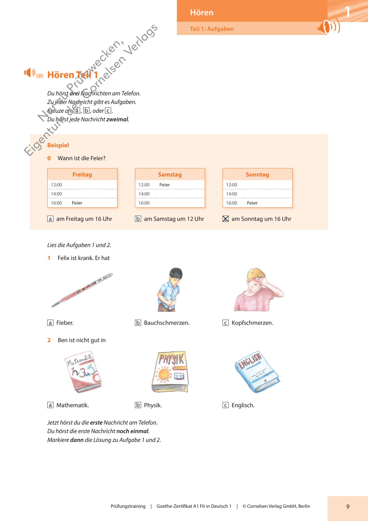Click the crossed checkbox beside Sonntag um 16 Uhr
pos(226,219)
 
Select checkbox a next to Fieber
pos(50,323)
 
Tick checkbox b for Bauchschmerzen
pos(138,323)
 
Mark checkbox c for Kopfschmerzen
pos(226,323)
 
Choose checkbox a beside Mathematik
pos(50,405)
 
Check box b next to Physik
pos(138,405)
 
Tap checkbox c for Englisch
pos(226,405)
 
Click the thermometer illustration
pos(82,290)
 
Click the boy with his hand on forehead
pos(258,290)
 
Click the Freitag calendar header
pos(82,175)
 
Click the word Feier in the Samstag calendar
pos(165,185)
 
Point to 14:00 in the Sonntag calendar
pos(231,194)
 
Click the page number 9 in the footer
pos(348,506)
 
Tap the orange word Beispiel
pos(58,145)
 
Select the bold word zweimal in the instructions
pos(117,119)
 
